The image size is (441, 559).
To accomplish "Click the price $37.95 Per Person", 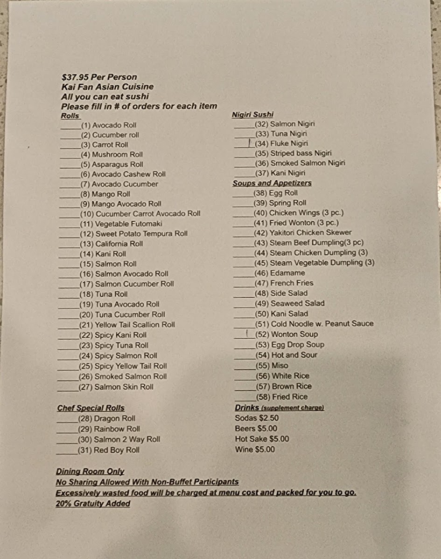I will (99, 77).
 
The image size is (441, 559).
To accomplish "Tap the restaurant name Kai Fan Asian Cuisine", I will (107, 87).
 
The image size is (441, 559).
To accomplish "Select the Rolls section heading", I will (70, 116).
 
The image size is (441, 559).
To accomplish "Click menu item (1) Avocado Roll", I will (108, 125).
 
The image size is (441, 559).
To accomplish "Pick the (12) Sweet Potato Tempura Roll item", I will (133, 234).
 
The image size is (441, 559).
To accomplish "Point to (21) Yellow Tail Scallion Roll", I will (127, 325).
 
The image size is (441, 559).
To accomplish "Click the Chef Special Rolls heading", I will (91, 408).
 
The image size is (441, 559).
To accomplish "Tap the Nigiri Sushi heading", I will (252, 115).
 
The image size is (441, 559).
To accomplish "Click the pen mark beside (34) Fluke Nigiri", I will (250, 143).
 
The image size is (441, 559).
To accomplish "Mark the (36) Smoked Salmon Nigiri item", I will (300, 163).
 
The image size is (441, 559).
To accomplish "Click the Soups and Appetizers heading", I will (272, 183).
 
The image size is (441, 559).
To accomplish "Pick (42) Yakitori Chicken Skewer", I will (302, 232).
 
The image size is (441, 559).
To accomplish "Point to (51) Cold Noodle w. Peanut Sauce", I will (314, 324).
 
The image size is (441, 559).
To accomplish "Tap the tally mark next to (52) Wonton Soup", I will (246, 334).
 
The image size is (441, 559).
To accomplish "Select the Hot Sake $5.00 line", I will (262, 439).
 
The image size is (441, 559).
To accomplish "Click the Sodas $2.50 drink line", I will (257, 418).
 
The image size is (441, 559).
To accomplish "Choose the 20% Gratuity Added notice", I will (93, 503).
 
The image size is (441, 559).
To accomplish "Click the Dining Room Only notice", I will (90, 471).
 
